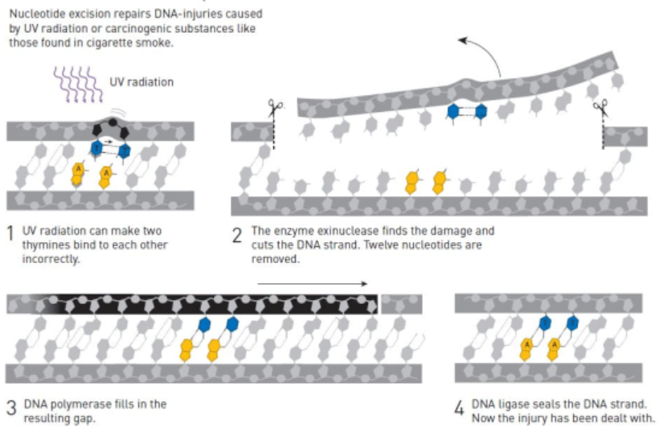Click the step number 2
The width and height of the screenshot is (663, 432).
(x=238, y=237)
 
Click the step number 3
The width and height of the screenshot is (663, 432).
(x=11, y=407)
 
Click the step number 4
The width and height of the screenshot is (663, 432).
(x=459, y=408)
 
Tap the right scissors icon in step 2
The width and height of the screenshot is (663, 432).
(x=600, y=108)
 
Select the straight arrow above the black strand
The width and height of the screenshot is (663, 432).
(x=313, y=283)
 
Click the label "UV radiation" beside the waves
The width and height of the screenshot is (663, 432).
(x=141, y=82)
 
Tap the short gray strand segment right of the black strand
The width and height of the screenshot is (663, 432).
(x=400, y=304)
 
